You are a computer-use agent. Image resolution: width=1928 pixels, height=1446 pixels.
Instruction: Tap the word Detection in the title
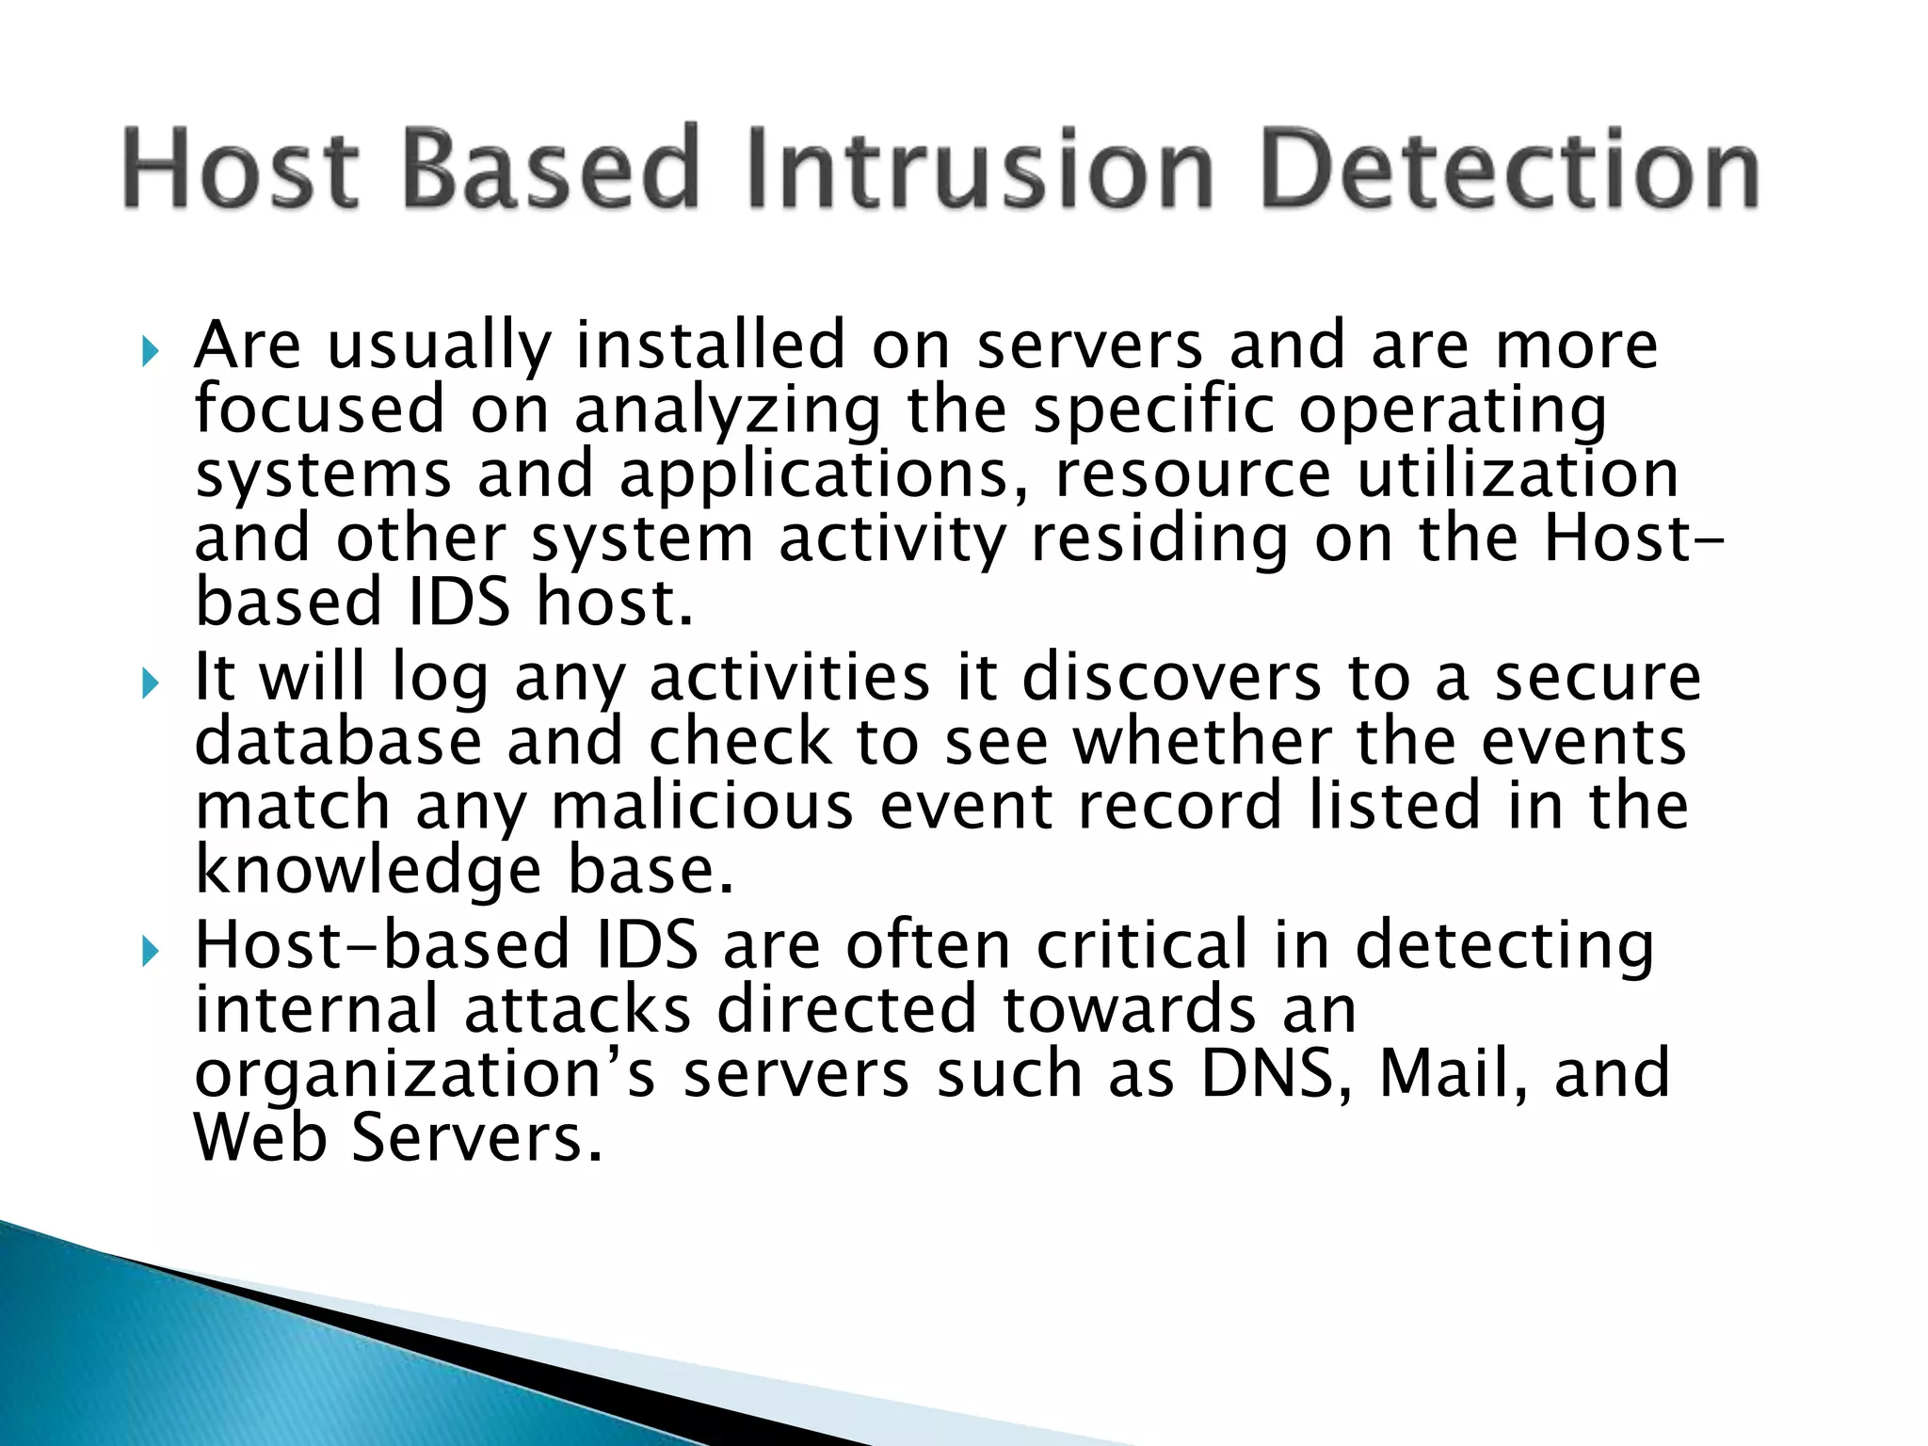point(1510,169)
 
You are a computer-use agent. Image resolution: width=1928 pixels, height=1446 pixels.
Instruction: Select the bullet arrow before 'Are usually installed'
point(151,352)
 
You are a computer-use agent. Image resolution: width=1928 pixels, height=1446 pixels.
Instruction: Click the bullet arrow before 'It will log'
point(151,683)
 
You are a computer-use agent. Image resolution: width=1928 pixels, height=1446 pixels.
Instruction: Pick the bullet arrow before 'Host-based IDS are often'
point(151,952)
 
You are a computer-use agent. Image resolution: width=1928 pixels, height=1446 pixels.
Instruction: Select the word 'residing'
point(1159,541)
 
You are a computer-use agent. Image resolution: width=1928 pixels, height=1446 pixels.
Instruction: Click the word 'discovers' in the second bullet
point(1171,678)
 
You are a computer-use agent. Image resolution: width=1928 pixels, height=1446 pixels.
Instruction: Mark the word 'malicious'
point(702,807)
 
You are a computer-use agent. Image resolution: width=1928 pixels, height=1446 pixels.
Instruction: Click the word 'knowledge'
point(368,872)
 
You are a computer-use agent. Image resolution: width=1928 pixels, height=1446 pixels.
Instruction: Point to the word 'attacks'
point(577,1010)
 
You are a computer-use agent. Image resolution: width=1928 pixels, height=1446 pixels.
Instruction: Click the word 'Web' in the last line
point(261,1139)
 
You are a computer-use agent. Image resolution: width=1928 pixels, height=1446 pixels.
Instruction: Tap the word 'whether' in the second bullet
point(1202,742)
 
